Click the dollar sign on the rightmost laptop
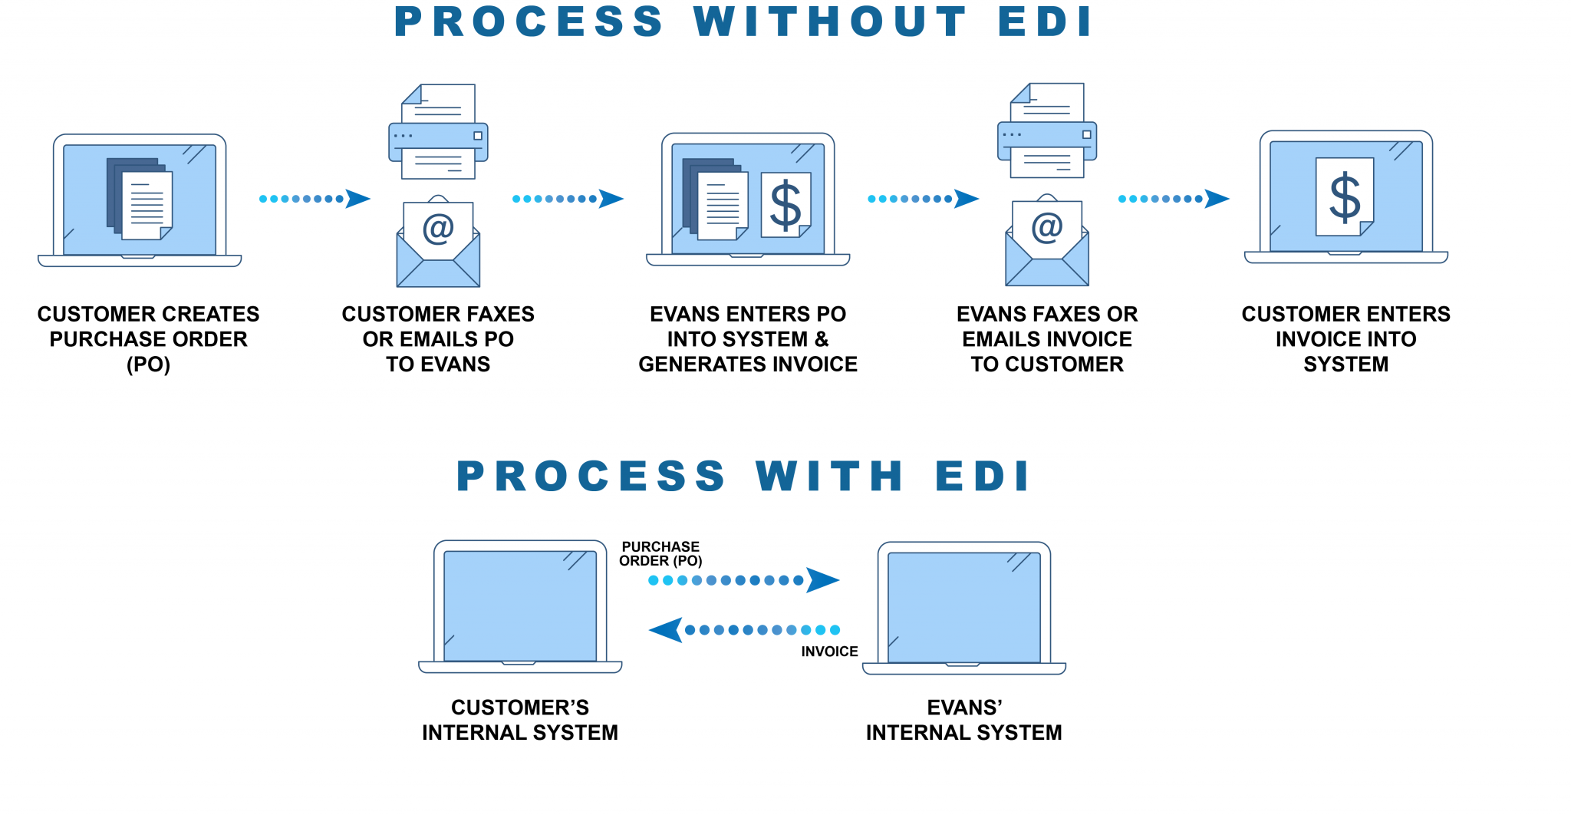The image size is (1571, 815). (x=1344, y=197)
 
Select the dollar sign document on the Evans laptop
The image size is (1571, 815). (x=785, y=205)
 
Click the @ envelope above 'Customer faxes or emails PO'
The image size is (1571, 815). (x=438, y=244)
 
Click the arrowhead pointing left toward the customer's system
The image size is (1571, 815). (x=666, y=630)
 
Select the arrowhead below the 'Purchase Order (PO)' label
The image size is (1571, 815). (x=822, y=580)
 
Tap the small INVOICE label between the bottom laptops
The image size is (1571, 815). (x=829, y=652)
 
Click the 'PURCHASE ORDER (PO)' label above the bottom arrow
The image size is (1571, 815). (x=660, y=553)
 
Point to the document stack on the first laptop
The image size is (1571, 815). (x=140, y=200)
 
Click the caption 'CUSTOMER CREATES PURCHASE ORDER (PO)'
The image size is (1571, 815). (x=148, y=338)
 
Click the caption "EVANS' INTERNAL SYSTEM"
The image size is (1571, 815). (x=964, y=720)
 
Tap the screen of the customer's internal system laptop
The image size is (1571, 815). (x=520, y=606)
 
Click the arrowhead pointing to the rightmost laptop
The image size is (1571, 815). (x=1217, y=199)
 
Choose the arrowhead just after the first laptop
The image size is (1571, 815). (x=357, y=199)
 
